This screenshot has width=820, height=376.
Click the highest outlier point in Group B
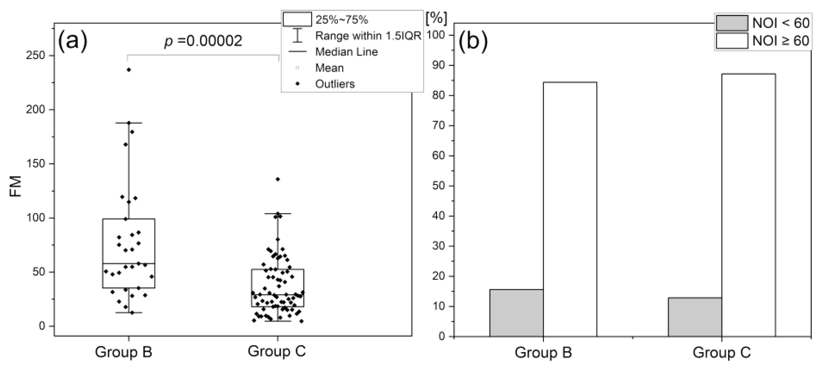pos(129,70)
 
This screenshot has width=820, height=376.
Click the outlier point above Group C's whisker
pos(278,179)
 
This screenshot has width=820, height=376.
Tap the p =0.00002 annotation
pos(203,41)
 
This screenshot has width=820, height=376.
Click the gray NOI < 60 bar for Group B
pos(516,313)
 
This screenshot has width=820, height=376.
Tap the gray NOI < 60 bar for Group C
pos(695,317)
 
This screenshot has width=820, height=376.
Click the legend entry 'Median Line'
pos(346,52)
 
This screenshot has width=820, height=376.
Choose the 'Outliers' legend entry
pos(335,84)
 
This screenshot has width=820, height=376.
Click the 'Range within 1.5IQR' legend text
pos(368,36)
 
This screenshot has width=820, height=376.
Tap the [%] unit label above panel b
pos(436,18)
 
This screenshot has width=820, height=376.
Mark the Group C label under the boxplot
pos(276,351)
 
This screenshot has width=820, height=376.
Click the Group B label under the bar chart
pos(543,352)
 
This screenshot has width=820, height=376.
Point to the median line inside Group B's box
pos(128,263)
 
